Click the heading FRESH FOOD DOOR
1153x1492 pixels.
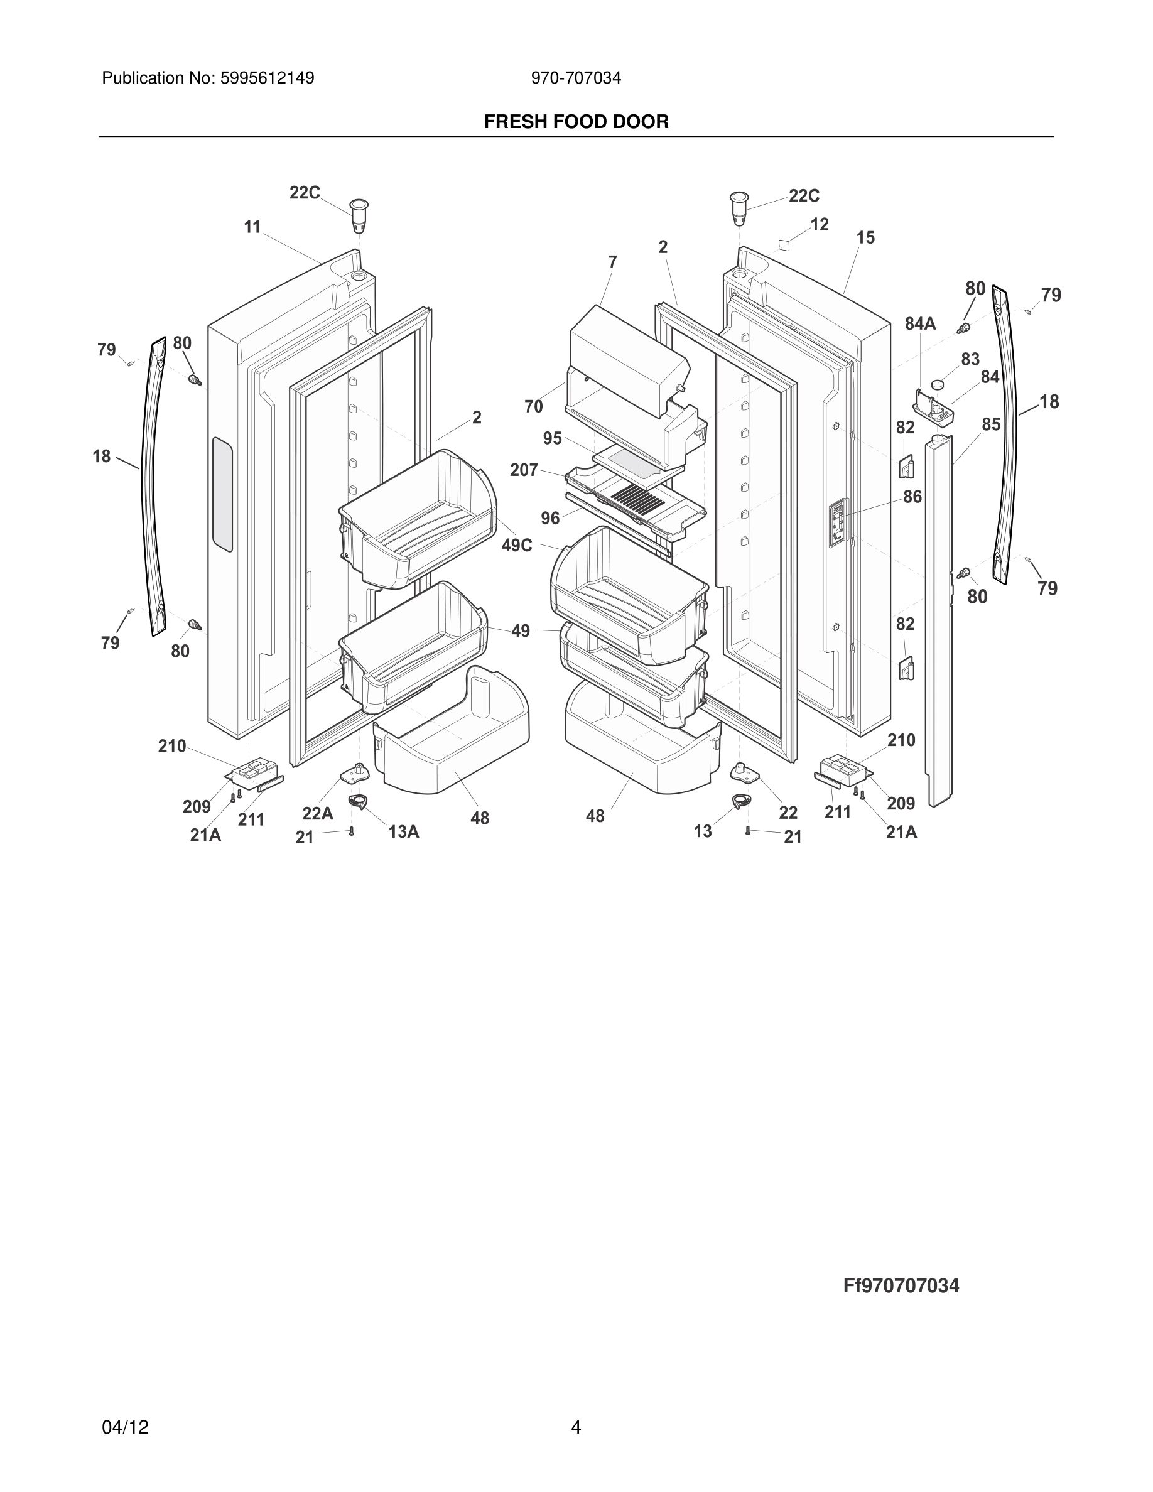[x=576, y=122]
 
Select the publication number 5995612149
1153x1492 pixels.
[x=266, y=78]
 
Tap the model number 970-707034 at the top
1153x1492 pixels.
[x=576, y=78]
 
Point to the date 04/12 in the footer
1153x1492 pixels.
[x=125, y=1427]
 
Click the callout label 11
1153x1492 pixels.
[x=252, y=227]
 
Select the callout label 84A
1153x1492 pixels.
[x=920, y=324]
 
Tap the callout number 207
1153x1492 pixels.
[x=524, y=470]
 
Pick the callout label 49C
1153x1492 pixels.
[x=517, y=546]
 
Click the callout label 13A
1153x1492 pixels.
[x=403, y=831]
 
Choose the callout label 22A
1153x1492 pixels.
[x=318, y=813]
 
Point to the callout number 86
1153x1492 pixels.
[x=912, y=497]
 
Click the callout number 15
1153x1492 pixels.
[x=865, y=238]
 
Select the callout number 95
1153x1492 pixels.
[x=553, y=438]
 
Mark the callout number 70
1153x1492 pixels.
[x=533, y=406]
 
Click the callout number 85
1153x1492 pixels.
[x=991, y=424]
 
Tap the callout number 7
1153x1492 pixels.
[x=613, y=262]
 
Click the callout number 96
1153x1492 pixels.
[x=551, y=519]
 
